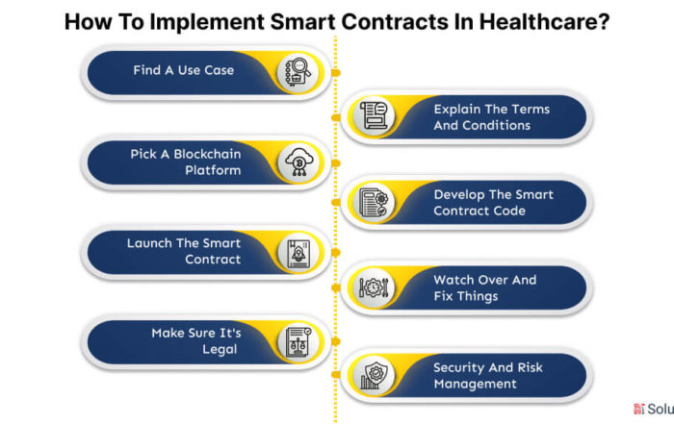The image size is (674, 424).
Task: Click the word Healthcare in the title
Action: pyautogui.click(x=544, y=21)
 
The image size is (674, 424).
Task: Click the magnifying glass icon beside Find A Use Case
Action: pyautogui.click(x=298, y=72)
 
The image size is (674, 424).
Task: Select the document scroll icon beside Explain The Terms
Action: pyautogui.click(x=374, y=116)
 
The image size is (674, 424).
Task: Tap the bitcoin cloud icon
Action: pyautogui.click(x=299, y=162)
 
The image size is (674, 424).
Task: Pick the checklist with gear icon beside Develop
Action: pyautogui.click(x=374, y=202)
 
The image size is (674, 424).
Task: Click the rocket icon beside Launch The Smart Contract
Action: pyautogui.click(x=298, y=254)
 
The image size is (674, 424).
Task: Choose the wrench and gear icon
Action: pyautogui.click(x=374, y=287)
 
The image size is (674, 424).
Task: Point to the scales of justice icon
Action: pyautogui.click(x=298, y=342)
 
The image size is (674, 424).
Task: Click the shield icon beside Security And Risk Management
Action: pyautogui.click(x=374, y=376)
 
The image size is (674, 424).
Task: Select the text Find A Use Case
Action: pyautogui.click(x=184, y=70)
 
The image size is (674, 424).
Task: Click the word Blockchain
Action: pyautogui.click(x=207, y=154)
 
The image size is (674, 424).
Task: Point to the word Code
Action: pyautogui.click(x=509, y=211)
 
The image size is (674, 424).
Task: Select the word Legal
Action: pyautogui.click(x=220, y=349)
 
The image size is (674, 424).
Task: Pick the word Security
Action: pyautogui.click(x=458, y=368)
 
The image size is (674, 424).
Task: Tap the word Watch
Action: pyautogui.click(x=454, y=280)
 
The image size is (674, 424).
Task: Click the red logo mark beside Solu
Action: pyautogui.click(x=639, y=409)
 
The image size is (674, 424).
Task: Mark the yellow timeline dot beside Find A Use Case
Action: pyautogui.click(x=336, y=73)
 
